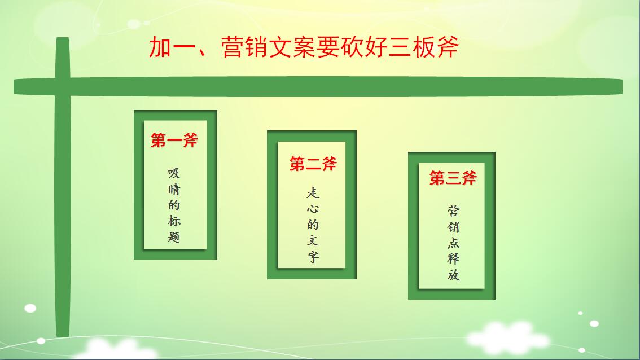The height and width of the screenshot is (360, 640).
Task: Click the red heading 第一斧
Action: tap(174, 140)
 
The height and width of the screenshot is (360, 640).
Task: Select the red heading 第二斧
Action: tap(313, 164)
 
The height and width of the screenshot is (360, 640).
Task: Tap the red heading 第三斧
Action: tap(453, 178)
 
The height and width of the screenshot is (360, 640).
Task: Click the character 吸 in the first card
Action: tap(174, 173)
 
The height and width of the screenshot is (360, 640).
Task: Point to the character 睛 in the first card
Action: tap(174, 190)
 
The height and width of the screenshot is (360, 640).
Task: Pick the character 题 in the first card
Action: tap(174, 237)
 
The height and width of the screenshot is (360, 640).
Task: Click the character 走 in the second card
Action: tap(313, 192)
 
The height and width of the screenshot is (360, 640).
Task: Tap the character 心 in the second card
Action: tap(313, 209)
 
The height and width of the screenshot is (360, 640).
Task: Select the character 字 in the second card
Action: tap(313, 257)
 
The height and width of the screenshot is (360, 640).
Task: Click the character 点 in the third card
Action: tap(453, 243)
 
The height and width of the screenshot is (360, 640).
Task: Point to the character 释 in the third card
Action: tap(453, 258)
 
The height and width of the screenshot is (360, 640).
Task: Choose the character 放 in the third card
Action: tap(453, 274)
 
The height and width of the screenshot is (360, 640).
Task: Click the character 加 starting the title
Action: tap(160, 47)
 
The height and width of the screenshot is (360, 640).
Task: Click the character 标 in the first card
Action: tap(174, 221)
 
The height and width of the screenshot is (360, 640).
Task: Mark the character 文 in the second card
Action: tap(313, 240)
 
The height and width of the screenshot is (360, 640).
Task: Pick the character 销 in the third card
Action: tap(453, 226)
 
